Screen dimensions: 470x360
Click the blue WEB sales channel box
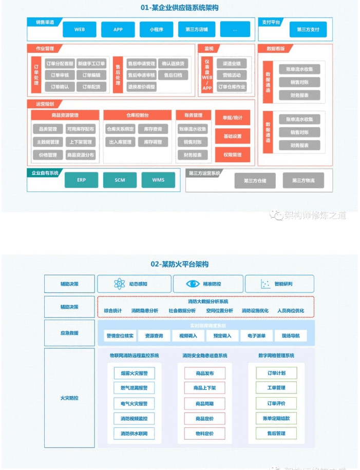(x=80, y=29)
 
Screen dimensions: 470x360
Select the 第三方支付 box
(x=308, y=29)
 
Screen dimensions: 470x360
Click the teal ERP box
(x=81, y=180)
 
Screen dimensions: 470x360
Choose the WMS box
(x=158, y=180)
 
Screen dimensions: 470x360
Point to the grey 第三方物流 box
(x=304, y=181)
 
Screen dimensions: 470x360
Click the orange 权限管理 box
(x=232, y=154)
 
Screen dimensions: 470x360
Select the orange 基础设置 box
(x=232, y=136)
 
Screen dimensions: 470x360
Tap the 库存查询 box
(x=153, y=129)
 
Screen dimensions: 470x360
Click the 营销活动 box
(x=232, y=75)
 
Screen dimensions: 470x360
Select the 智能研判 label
(x=283, y=284)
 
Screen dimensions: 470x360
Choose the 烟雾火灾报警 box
(x=134, y=373)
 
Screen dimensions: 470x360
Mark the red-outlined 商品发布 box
(x=204, y=373)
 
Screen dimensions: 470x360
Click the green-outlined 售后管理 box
(x=276, y=434)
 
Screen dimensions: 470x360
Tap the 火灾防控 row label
(x=69, y=398)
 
